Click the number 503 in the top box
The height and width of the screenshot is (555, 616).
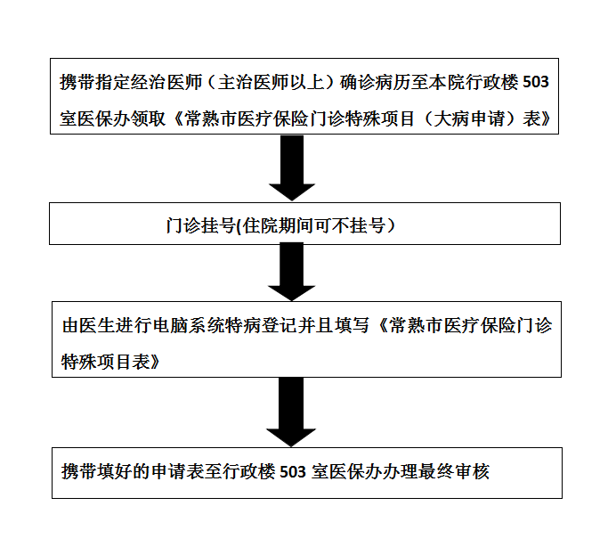(536, 82)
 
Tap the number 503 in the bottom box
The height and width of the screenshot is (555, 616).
(293, 471)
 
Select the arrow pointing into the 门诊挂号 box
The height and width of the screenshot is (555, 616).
(292, 167)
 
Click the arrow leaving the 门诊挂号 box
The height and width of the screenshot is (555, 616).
(292, 272)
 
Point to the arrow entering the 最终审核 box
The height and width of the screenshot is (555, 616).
(291, 412)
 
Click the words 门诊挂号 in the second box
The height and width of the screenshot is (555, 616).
(200, 225)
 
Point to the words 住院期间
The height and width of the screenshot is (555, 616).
(278, 225)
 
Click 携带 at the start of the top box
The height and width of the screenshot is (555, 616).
(77, 83)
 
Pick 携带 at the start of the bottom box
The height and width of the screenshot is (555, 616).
(79, 471)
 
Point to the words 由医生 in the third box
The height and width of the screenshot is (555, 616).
(89, 326)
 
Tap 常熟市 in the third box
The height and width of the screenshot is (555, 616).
(416, 326)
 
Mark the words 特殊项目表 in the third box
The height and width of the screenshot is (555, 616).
(105, 362)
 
